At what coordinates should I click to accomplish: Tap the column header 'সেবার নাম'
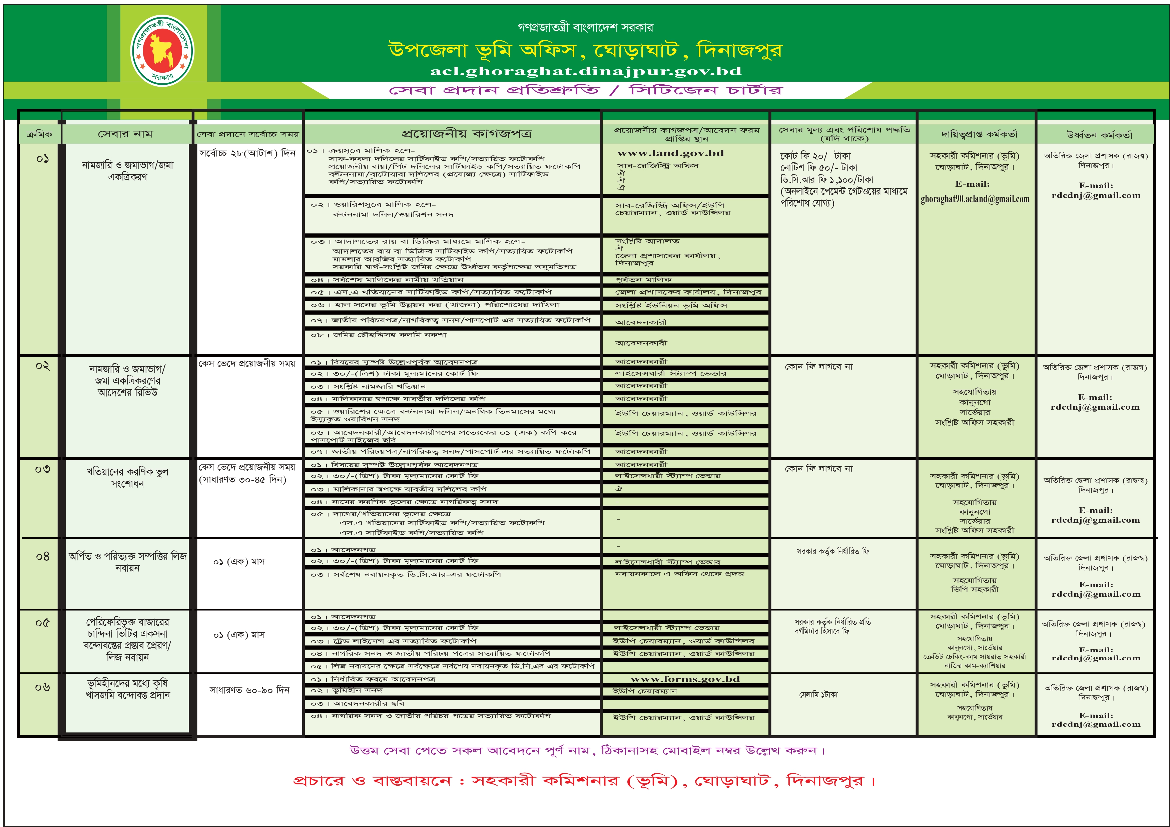tap(125, 134)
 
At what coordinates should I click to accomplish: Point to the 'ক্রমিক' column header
tap(39, 134)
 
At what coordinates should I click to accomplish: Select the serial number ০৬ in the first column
tap(42, 687)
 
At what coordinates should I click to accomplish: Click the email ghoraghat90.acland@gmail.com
tap(975, 199)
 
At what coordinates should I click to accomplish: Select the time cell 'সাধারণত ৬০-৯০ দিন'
tap(249, 690)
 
